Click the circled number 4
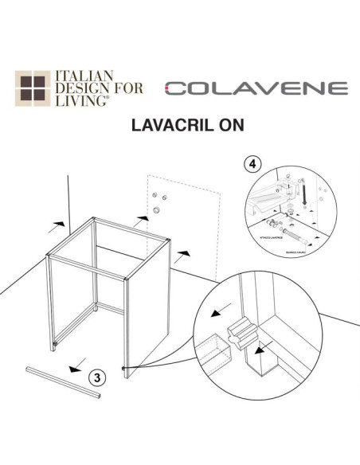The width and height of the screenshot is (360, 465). coord(252,163)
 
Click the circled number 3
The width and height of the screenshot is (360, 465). coord(95,377)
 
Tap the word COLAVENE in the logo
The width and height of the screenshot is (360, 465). coord(256,88)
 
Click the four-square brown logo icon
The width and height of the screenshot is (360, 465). coord(33,89)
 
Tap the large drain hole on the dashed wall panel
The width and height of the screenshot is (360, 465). coord(157,210)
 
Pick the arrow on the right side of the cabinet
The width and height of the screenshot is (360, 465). coord(183,254)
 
